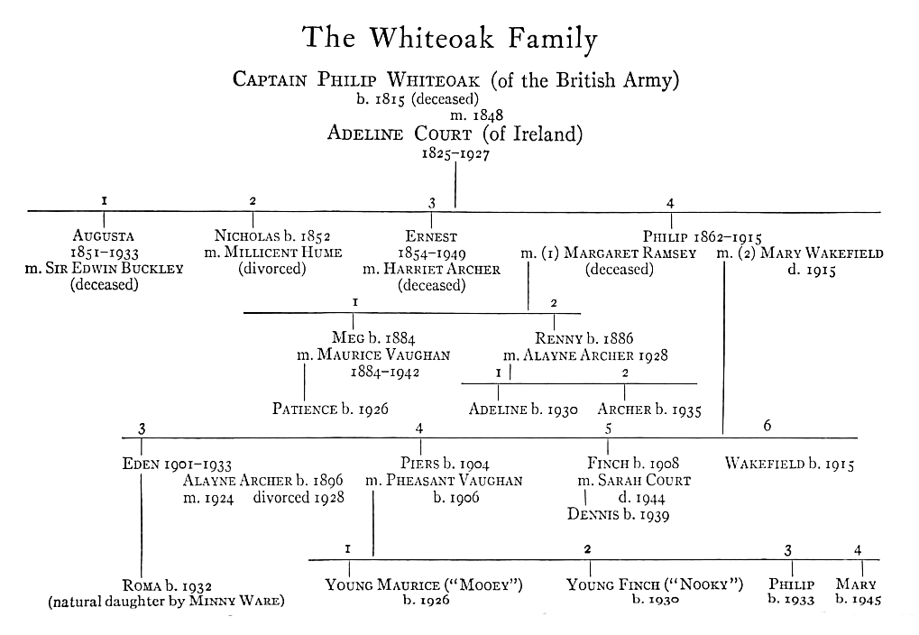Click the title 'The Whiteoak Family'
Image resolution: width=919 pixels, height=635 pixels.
450,39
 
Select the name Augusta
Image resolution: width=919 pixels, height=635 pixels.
104,237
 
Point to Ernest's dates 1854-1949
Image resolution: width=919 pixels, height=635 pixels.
432,253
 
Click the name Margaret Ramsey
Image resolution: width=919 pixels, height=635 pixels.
630,253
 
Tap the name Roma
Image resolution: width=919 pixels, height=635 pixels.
142,585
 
